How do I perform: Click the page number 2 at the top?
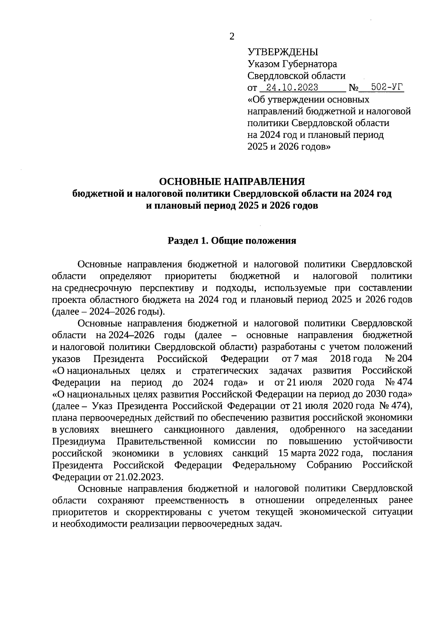pos(232,36)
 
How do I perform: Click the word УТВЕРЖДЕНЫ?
pos(283,52)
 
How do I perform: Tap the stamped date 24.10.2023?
pos(292,88)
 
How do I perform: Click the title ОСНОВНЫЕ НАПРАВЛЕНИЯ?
pos(232,182)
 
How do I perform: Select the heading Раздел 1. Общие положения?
pos(232,241)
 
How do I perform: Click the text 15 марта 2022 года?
pos(320,453)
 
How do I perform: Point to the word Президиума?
pos(79,441)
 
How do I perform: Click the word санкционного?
pos(194,430)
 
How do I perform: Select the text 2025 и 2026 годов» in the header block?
pos(289,147)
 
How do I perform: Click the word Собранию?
pos(329,465)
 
